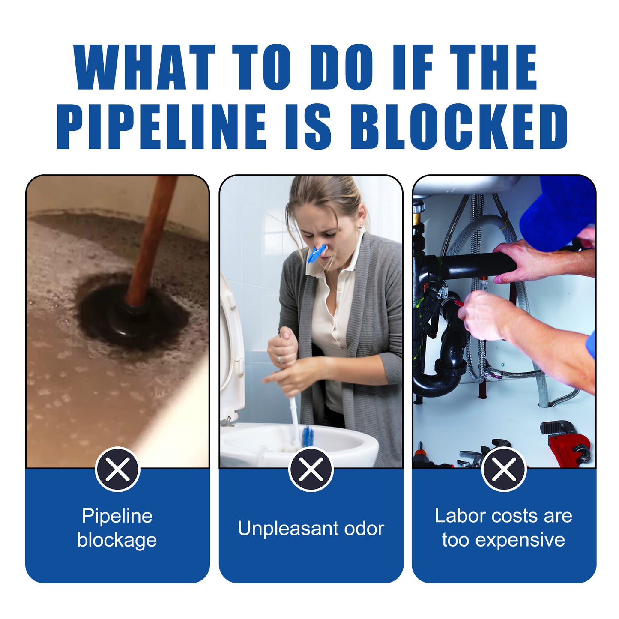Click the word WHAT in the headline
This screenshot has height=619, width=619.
144,67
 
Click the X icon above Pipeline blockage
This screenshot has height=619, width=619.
117,469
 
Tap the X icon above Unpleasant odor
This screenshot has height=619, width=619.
311,469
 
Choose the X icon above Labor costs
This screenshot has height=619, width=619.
504,469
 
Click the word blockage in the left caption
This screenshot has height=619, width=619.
117,541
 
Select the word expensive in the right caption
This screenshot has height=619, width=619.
520,540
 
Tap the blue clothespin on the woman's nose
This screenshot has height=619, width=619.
317,254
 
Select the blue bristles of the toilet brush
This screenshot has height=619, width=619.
308,436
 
